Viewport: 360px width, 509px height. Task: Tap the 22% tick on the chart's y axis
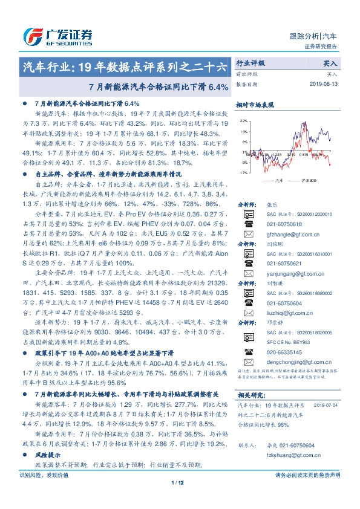243,121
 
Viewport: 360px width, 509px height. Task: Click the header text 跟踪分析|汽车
321,36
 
